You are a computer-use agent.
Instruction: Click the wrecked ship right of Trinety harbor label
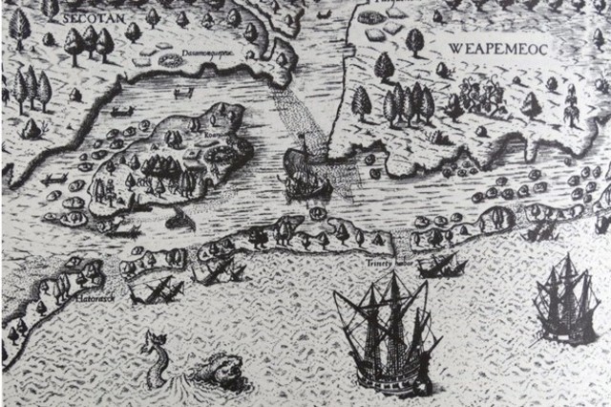click(441, 265)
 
